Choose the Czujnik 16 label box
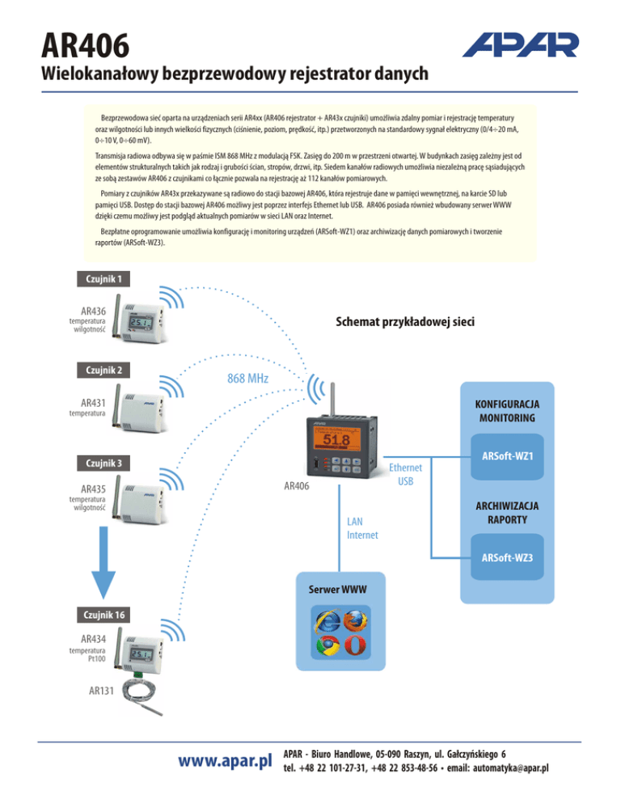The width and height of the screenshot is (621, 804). point(101,614)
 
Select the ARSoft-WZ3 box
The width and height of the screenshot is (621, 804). point(507,558)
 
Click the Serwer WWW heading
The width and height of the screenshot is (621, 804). point(336,590)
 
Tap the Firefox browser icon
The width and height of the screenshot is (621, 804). point(353,622)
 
